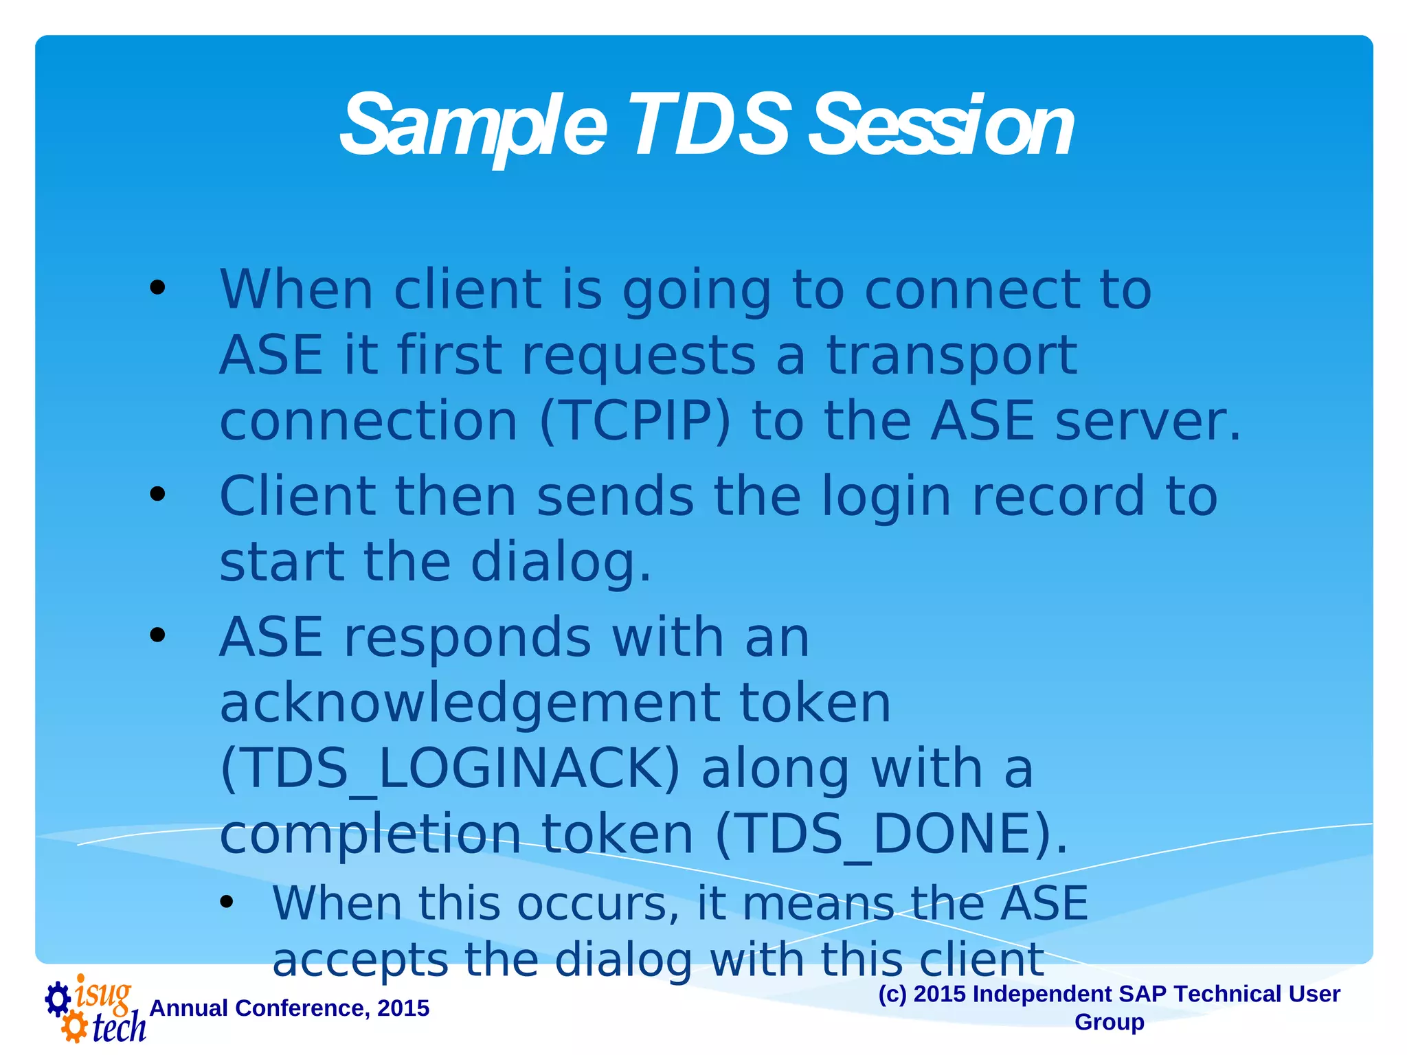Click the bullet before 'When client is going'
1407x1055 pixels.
tap(157, 287)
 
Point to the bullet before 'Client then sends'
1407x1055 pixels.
tap(157, 493)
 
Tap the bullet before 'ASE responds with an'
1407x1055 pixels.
tap(157, 635)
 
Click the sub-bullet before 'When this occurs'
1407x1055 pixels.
tap(227, 902)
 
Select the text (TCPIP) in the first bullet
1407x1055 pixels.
tap(635, 421)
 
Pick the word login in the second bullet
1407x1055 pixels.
tap(886, 497)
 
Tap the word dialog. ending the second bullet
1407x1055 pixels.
tap(561, 562)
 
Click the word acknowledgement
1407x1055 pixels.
tap(470, 703)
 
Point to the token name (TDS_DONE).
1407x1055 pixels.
tap(892, 834)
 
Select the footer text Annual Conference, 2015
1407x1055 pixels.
tap(289, 1008)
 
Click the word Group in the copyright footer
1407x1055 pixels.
tap(1109, 1022)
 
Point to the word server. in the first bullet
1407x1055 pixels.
tap(1148, 421)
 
